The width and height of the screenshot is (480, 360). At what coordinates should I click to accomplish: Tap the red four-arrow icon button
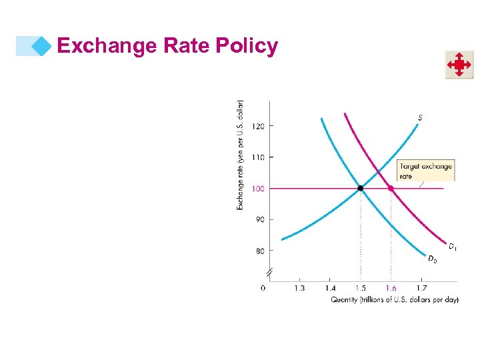(x=459, y=65)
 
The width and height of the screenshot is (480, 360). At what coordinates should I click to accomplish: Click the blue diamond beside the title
(x=42, y=46)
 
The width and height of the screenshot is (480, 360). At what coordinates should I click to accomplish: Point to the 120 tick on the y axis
(x=257, y=126)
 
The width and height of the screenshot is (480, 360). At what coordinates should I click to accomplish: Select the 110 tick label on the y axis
(x=257, y=157)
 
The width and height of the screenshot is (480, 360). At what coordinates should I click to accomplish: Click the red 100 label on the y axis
(x=257, y=189)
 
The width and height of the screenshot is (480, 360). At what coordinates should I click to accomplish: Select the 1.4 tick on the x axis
(x=330, y=288)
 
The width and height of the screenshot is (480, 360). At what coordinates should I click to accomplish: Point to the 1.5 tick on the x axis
(x=360, y=288)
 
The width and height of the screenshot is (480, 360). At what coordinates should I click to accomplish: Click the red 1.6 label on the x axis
(x=391, y=288)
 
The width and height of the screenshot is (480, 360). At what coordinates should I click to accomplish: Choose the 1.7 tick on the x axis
(x=422, y=288)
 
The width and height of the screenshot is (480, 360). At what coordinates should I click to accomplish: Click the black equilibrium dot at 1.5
(x=361, y=189)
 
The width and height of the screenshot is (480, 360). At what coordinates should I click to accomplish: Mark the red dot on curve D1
(x=391, y=189)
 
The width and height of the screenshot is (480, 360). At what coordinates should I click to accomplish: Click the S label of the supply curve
(x=420, y=118)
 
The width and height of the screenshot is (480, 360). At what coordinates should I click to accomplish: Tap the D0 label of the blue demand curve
(x=433, y=259)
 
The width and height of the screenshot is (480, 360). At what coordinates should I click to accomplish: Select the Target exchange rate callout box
(x=425, y=171)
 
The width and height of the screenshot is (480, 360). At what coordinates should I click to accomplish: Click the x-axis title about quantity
(x=395, y=300)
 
